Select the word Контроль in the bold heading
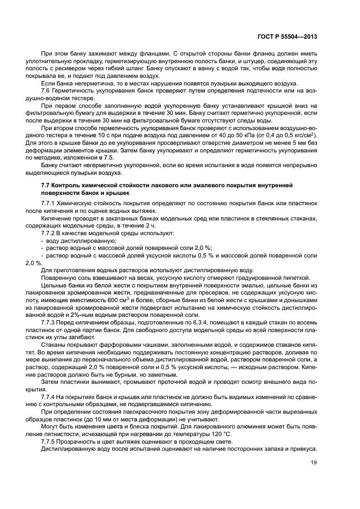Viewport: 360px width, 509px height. tap(68, 186)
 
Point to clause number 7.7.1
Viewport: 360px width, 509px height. tap(50, 203)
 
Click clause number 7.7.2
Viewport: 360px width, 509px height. tap(50, 233)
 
